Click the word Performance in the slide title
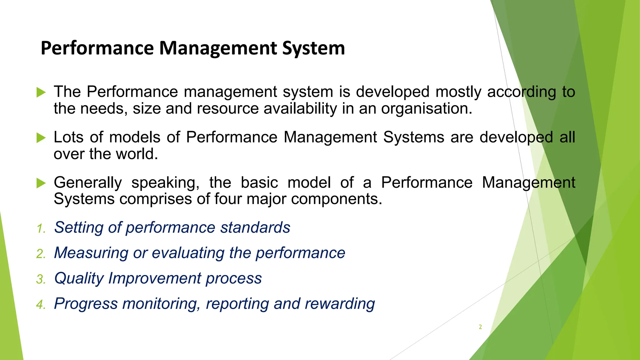[97, 48]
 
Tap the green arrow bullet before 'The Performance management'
[41, 92]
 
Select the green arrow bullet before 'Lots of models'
[41, 138]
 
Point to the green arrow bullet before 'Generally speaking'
[41, 183]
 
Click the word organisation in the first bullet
[426, 109]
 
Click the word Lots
[68, 137]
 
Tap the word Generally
[88, 183]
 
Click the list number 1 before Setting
[41, 229]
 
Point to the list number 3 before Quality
[41, 279]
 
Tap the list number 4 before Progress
[41, 305]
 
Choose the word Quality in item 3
[79, 278]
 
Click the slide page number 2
[480, 327]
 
